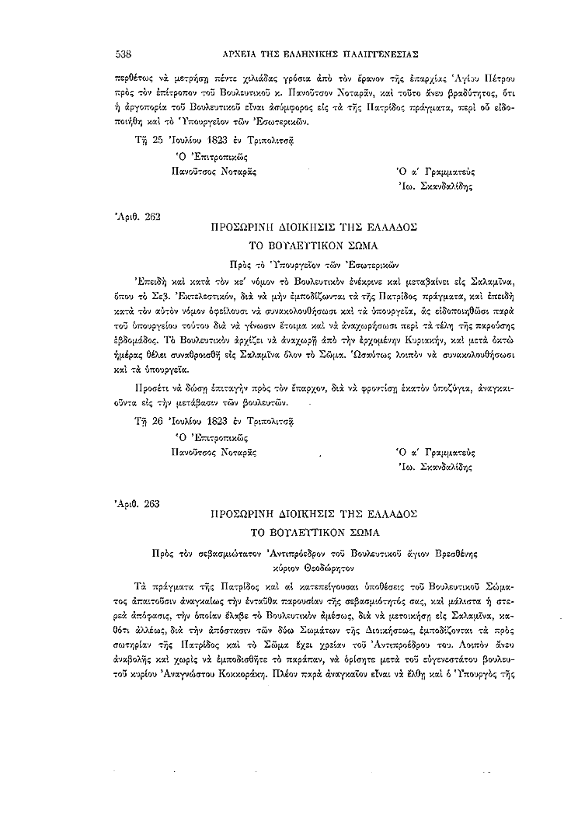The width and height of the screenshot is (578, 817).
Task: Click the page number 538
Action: [x=121, y=54]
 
